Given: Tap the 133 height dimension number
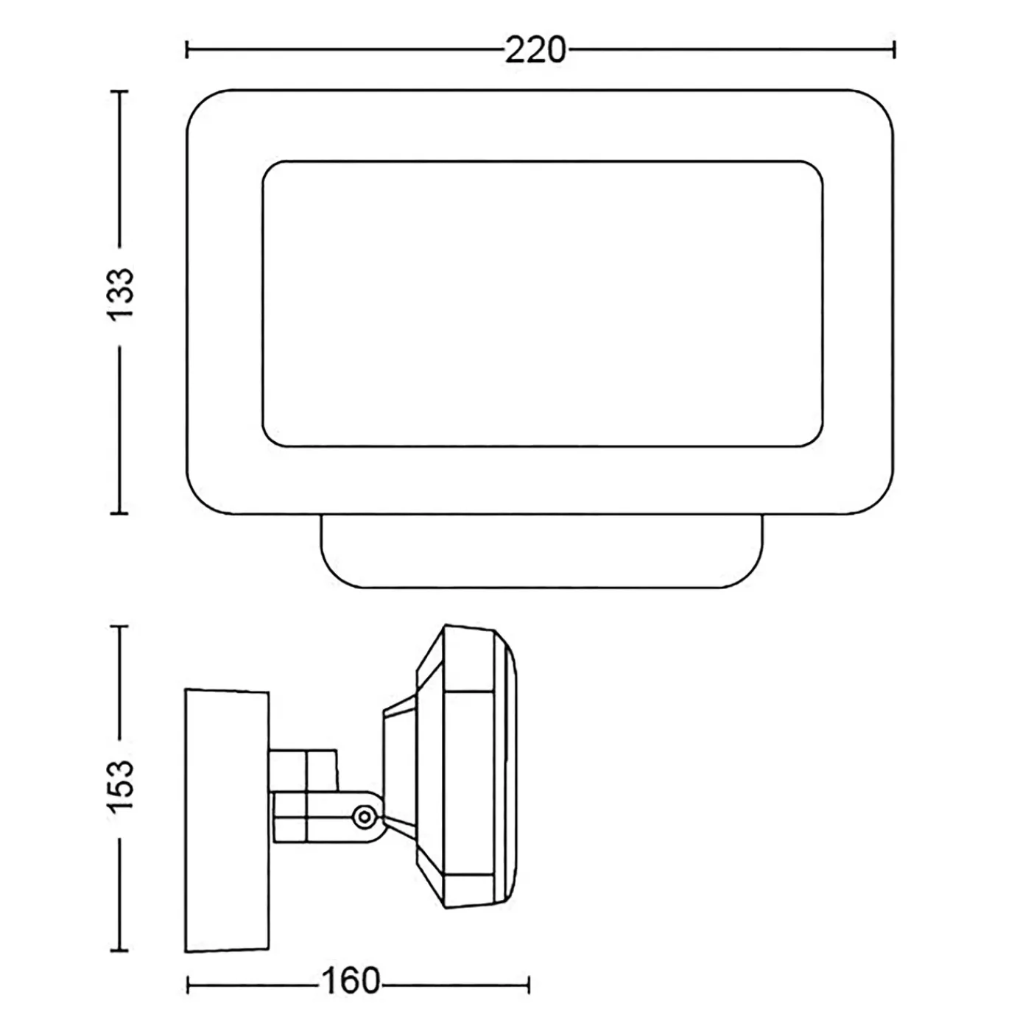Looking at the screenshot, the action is [x=120, y=294].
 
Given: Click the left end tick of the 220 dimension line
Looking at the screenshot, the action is [x=187, y=50].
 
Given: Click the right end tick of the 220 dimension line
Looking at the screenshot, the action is [x=895, y=50].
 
